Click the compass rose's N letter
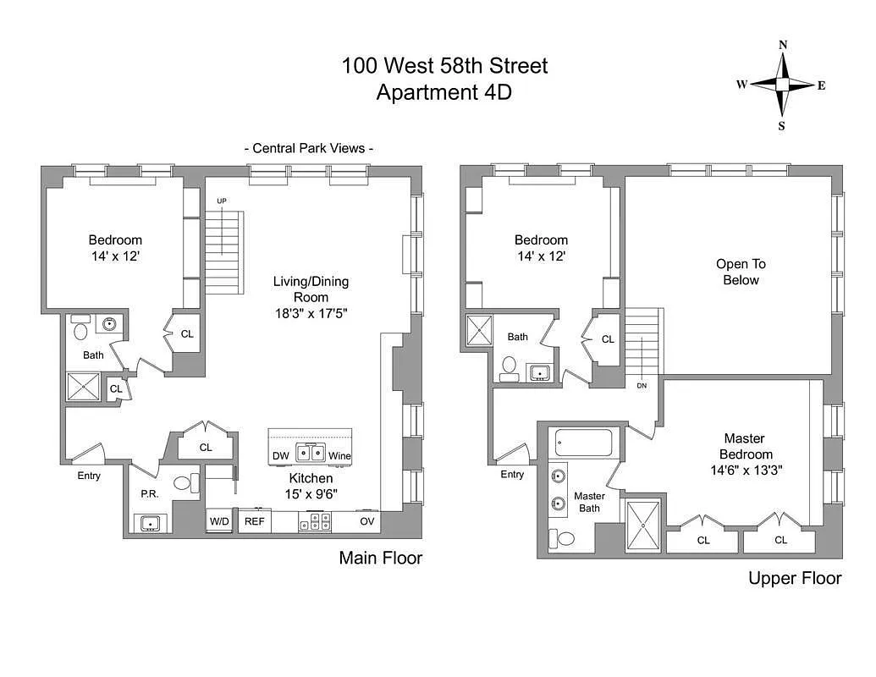click(783, 46)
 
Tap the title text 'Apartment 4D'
click(444, 92)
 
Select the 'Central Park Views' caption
click(309, 148)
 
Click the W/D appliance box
click(219, 521)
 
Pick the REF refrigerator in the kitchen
click(254, 521)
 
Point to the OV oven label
click(367, 521)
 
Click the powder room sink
click(151, 523)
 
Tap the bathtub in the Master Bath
click(583, 443)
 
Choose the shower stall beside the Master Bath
click(643, 526)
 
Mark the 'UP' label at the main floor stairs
click(221, 201)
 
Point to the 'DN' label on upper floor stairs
click(642, 385)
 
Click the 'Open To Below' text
click(741, 272)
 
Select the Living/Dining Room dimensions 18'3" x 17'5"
click(311, 312)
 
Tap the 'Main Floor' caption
click(380, 558)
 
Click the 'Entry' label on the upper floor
click(512, 475)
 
